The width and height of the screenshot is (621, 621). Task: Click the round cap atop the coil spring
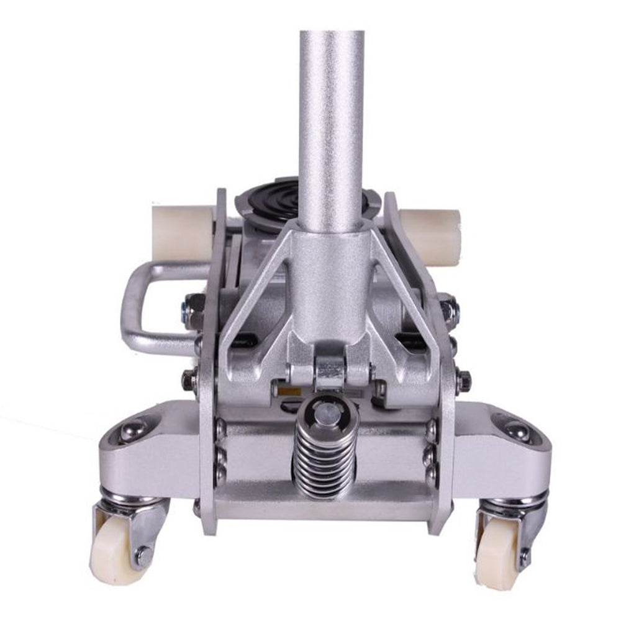325,409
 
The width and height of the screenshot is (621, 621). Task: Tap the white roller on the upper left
182,233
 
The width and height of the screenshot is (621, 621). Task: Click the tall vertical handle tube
330,124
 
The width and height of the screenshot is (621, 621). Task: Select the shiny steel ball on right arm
517,430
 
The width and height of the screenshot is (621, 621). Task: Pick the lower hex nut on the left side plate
189,379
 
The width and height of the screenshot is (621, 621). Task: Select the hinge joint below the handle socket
329,366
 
